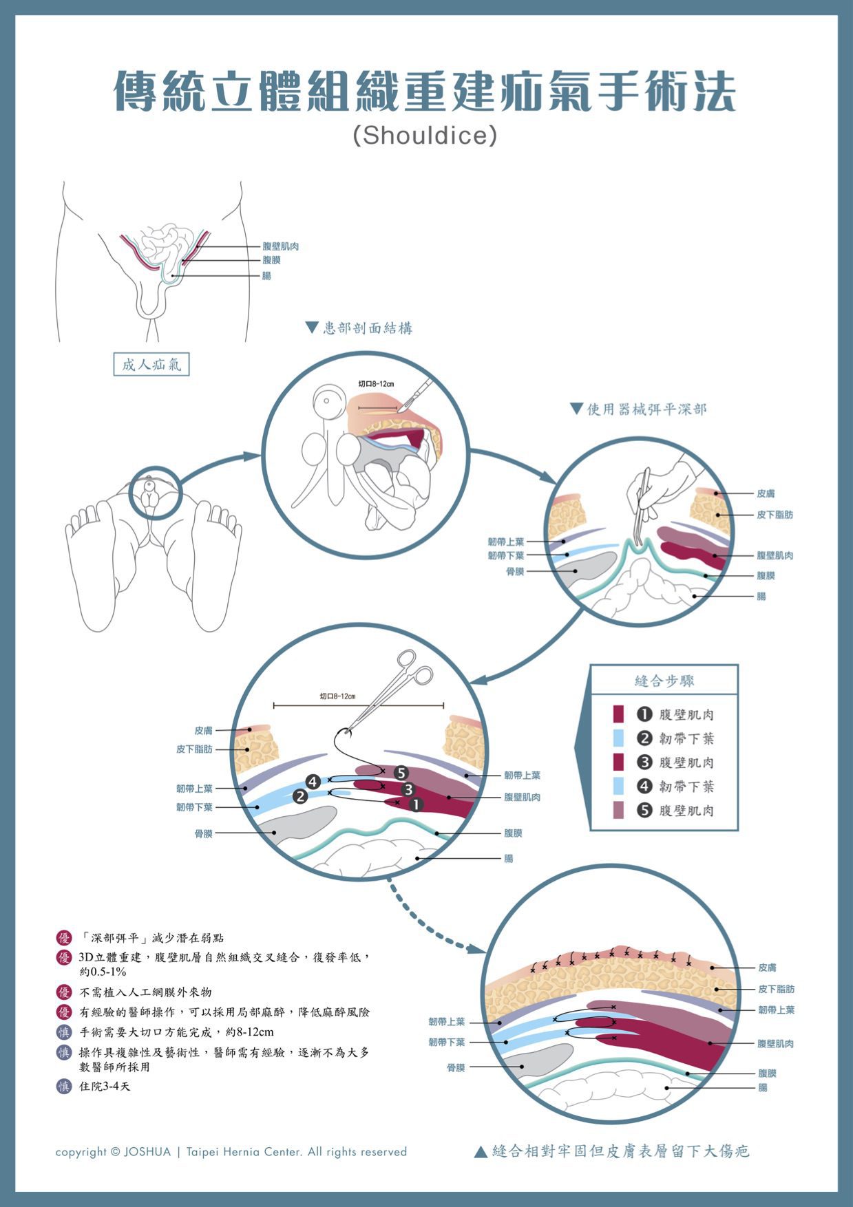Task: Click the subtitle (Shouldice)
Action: pyautogui.click(x=425, y=135)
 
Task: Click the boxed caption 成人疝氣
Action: pyautogui.click(x=151, y=364)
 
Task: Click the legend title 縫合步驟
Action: pyautogui.click(x=664, y=681)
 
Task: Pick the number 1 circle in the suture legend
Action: pyautogui.click(x=644, y=714)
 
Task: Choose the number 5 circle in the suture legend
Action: pyautogui.click(x=644, y=810)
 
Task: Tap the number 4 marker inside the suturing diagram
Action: pyautogui.click(x=313, y=782)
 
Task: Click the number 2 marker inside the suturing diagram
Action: pyautogui.click(x=300, y=796)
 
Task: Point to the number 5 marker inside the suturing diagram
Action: pyautogui.click(x=401, y=773)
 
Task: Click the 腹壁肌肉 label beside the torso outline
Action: pyautogui.click(x=280, y=246)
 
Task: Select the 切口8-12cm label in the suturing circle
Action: pyautogui.click(x=337, y=696)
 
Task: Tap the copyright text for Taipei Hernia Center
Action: pyautogui.click(x=231, y=1152)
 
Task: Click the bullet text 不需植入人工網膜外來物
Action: pyautogui.click(x=145, y=992)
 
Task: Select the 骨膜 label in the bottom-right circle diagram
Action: pyautogui.click(x=456, y=1068)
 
